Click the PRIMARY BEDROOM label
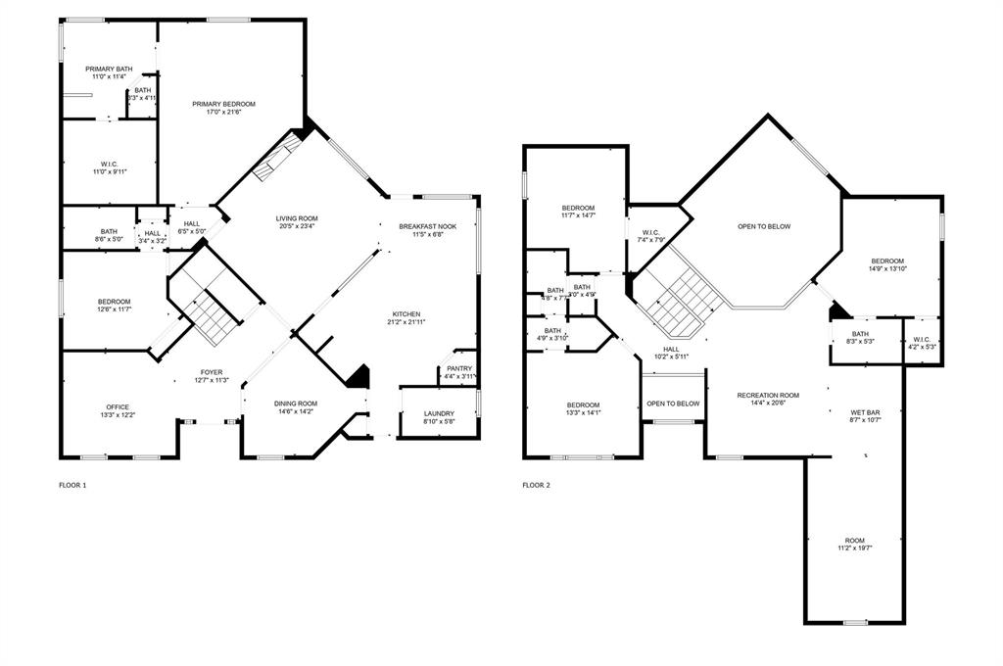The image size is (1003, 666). point(223,104)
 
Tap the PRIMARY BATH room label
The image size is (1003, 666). point(109,69)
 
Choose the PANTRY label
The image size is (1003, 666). point(459,368)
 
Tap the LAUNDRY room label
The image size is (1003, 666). point(439,413)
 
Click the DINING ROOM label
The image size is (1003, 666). point(295,403)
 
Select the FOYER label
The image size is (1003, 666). point(212,372)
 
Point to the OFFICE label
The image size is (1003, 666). point(118,406)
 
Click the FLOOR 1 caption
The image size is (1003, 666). point(72,485)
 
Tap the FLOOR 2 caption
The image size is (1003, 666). point(536,485)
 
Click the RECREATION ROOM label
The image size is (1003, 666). point(768,395)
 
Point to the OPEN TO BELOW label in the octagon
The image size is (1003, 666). point(764,226)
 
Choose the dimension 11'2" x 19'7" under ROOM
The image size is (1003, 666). point(855,548)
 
